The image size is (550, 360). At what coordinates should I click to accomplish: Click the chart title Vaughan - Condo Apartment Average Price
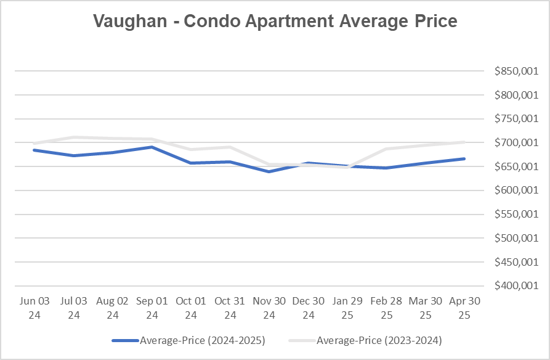(x=275, y=22)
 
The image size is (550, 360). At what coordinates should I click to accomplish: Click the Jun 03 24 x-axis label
(x=34, y=307)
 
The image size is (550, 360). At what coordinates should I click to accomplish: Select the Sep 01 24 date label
(x=152, y=307)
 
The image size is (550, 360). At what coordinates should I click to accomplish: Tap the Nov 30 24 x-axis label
(x=269, y=307)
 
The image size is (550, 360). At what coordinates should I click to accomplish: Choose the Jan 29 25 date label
(x=347, y=307)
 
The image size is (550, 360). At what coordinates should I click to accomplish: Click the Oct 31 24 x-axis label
(x=230, y=307)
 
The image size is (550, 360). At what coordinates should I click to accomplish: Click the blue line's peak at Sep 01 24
(x=152, y=147)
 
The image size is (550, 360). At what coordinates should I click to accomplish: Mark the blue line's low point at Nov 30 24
(x=269, y=171)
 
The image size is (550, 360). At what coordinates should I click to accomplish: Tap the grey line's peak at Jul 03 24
(x=74, y=137)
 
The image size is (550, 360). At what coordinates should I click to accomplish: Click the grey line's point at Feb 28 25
(x=386, y=149)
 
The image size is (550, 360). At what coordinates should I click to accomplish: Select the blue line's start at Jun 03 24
(x=34, y=150)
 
